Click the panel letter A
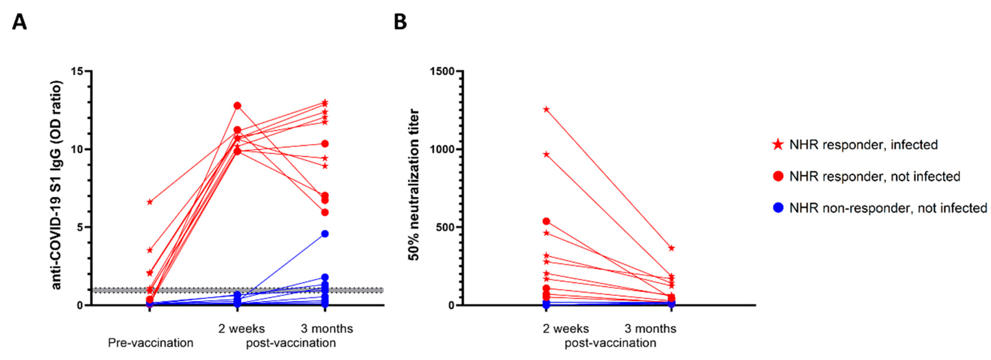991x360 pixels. point(20,22)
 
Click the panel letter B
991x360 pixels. point(400,22)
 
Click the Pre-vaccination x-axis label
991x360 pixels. point(150,343)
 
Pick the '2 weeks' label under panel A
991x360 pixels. point(242,329)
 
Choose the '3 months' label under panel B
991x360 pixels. point(650,329)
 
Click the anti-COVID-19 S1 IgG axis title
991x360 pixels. point(57,185)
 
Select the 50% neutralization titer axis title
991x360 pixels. point(414,185)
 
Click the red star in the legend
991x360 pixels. point(778,145)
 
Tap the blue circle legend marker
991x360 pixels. point(778,208)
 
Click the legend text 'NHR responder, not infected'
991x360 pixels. point(875,177)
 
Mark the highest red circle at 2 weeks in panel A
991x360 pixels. point(238,106)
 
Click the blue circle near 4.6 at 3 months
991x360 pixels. point(325,234)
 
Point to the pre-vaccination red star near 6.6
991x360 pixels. point(150,202)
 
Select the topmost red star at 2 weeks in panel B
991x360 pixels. point(546,110)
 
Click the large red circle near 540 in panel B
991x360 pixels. point(546,221)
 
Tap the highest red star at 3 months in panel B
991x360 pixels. point(671,248)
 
